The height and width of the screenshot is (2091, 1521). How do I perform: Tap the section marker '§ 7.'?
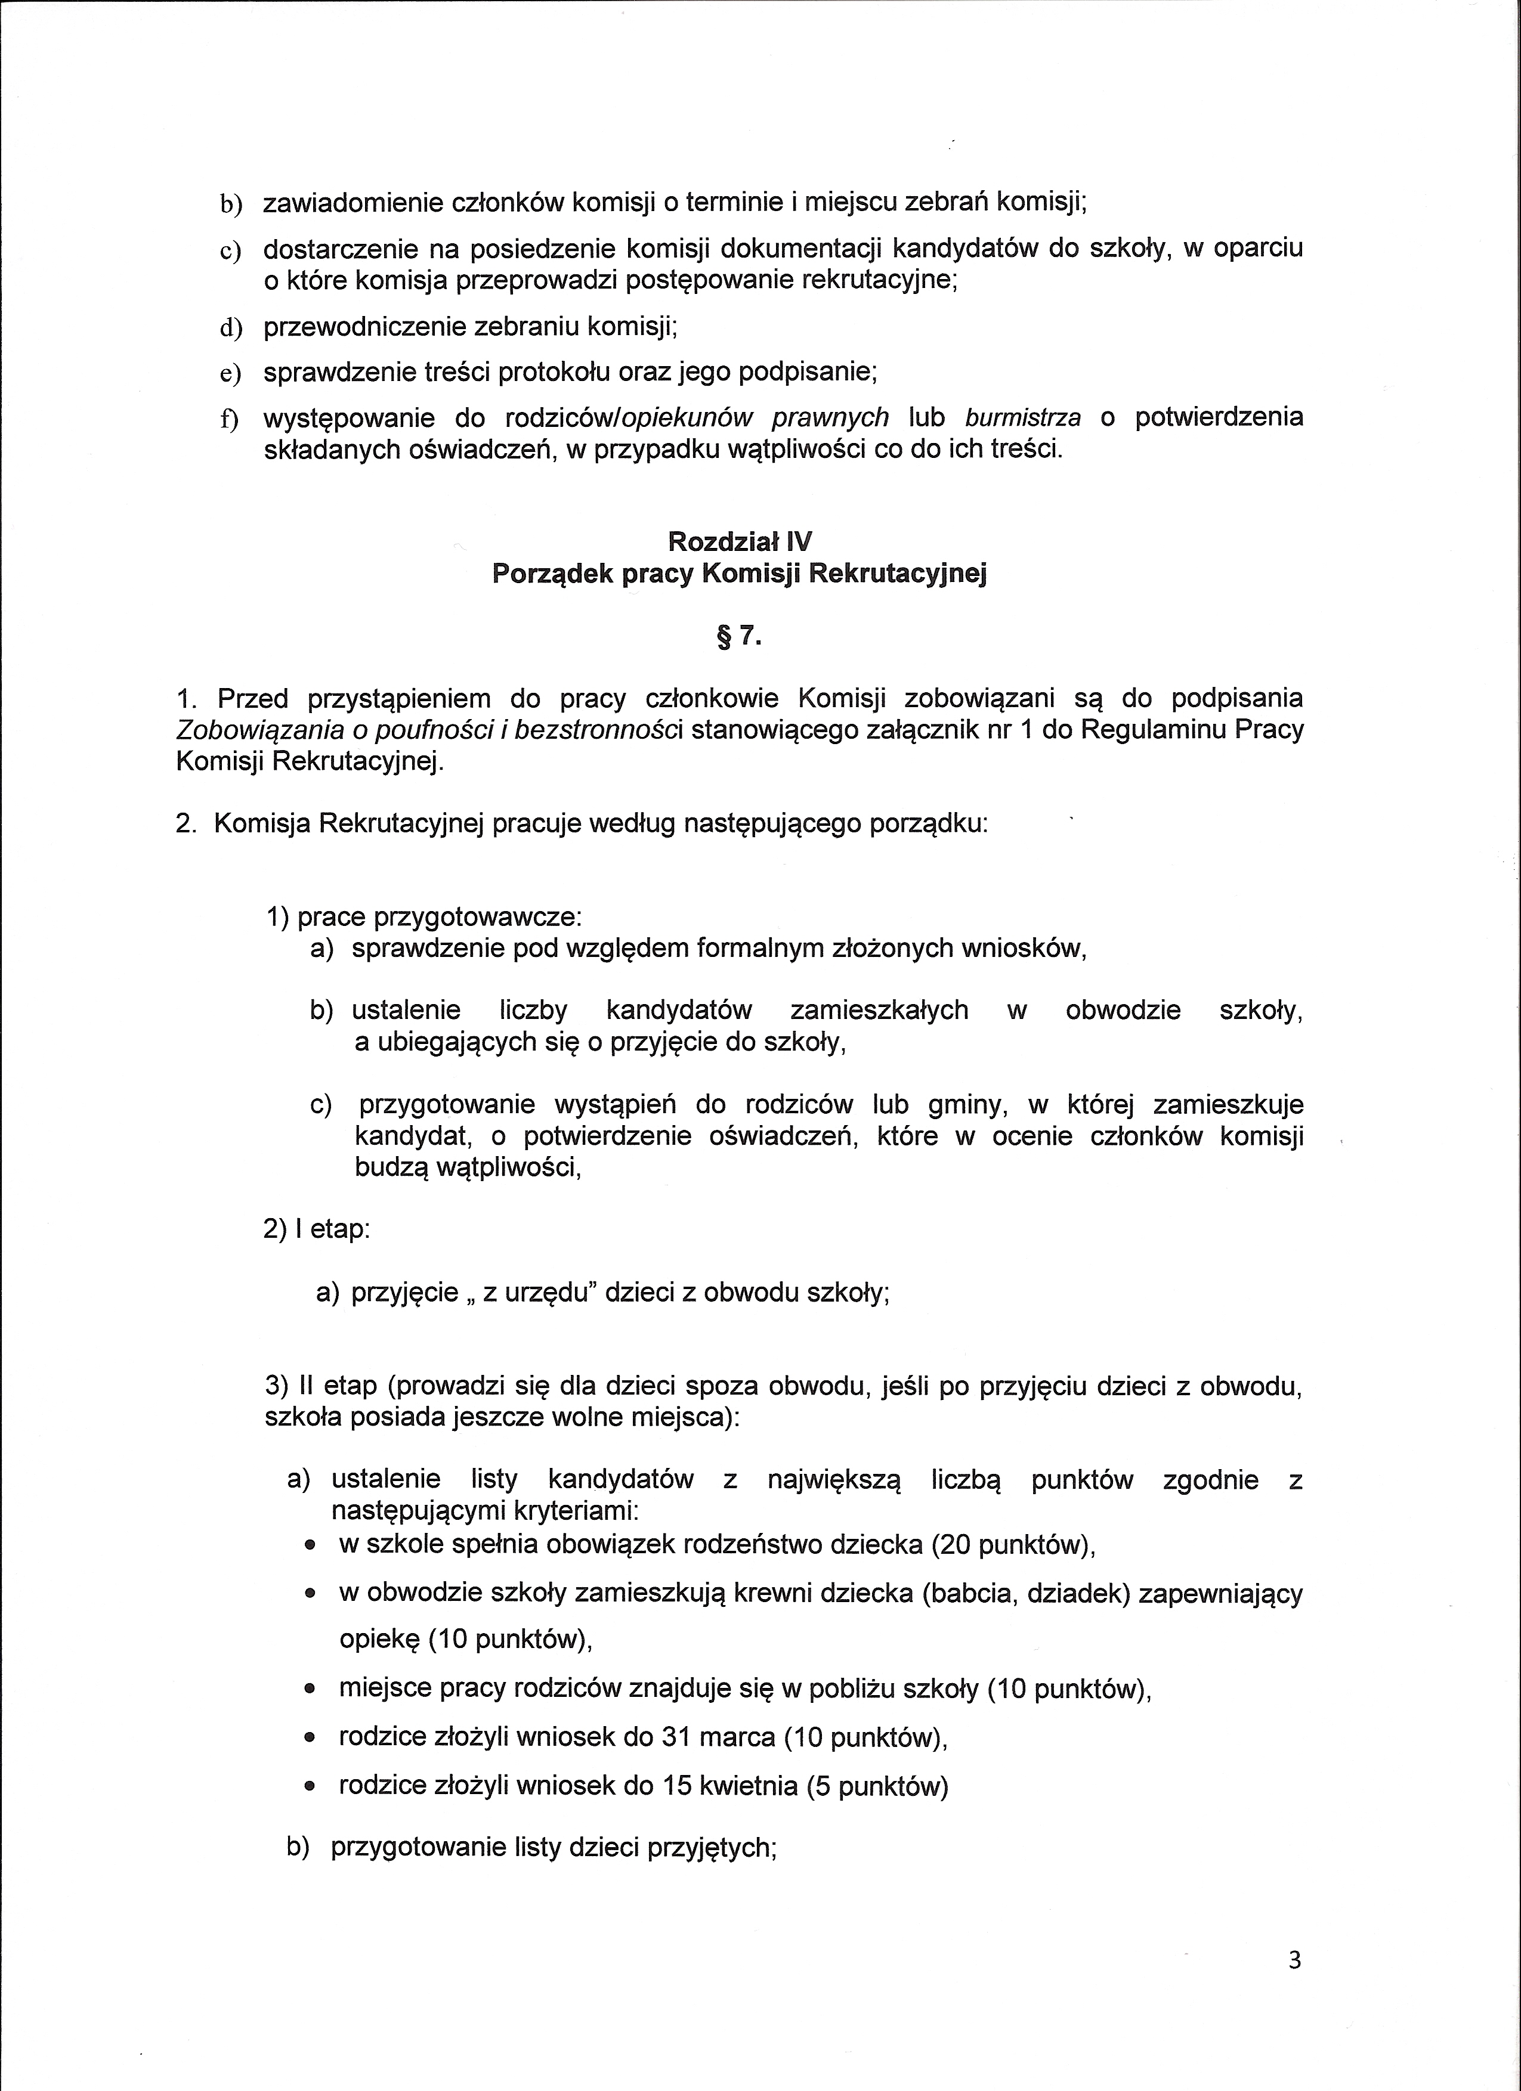(x=740, y=636)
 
